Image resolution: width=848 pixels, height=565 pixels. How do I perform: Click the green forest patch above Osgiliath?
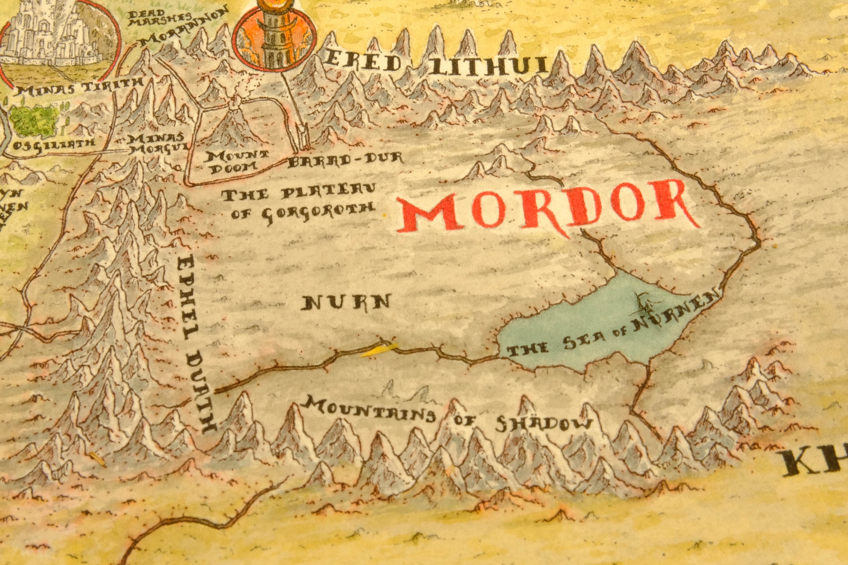34,121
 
